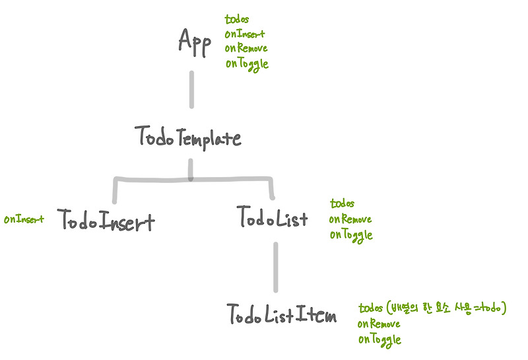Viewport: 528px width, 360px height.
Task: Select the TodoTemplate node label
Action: tap(188, 137)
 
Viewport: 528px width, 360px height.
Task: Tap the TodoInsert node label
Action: tap(106, 220)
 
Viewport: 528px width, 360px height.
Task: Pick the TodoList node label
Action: tap(272, 218)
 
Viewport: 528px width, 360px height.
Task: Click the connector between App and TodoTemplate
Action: tap(192, 89)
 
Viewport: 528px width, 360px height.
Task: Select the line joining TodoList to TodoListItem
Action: tap(275, 267)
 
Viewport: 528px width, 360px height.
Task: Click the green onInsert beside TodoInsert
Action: tap(24, 219)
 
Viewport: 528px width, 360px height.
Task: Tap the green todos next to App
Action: tap(238, 20)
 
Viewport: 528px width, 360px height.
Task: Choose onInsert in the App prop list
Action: tap(245, 34)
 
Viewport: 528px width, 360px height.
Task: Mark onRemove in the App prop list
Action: tap(246, 49)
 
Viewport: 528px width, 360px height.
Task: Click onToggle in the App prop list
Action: tap(246, 64)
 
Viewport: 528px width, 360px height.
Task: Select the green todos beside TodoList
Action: tap(342, 204)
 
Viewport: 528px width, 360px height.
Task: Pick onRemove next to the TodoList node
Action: tap(350, 219)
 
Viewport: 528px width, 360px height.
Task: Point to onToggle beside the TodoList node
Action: tap(351, 234)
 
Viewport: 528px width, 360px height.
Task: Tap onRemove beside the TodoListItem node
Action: tap(379, 324)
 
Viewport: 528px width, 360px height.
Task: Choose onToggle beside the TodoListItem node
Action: tap(379, 340)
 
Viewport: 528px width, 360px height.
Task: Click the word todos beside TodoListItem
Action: tap(371, 308)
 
